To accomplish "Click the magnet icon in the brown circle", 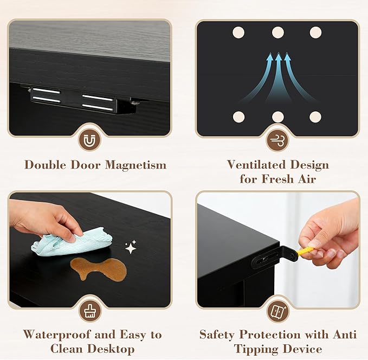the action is (x=89, y=141).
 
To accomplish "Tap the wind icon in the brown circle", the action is (x=277, y=140).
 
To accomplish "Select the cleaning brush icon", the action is (x=89, y=311).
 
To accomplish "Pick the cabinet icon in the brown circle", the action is (x=278, y=312).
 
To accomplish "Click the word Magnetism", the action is (x=135, y=165).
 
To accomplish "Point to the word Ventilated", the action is (x=256, y=164).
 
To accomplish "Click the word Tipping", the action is (x=256, y=349).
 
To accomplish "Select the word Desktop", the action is (x=111, y=349).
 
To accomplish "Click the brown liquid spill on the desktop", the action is (x=99, y=268).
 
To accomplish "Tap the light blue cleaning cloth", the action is (x=72, y=242).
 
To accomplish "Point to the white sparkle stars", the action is (x=131, y=247).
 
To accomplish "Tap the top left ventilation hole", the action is (x=238, y=33).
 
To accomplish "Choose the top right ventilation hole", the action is (x=315, y=33).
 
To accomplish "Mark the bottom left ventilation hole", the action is (x=238, y=117).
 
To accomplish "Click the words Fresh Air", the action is (x=289, y=179).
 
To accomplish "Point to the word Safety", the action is (x=217, y=335).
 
